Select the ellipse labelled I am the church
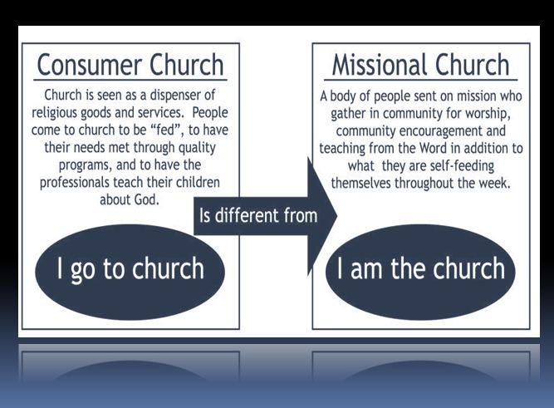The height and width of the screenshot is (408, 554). [420, 268]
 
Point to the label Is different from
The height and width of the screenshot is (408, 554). [257, 216]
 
